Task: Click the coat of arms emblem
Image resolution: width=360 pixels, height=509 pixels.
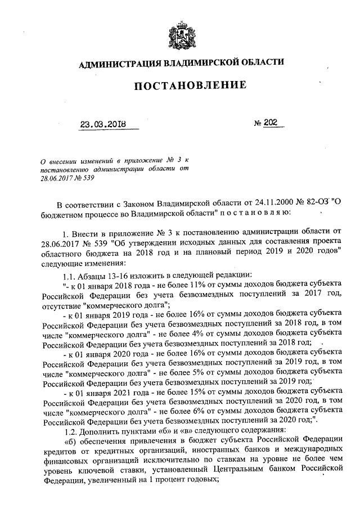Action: click(x=179, y=36)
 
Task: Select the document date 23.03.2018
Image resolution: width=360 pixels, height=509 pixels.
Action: click(x=101, y=125)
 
